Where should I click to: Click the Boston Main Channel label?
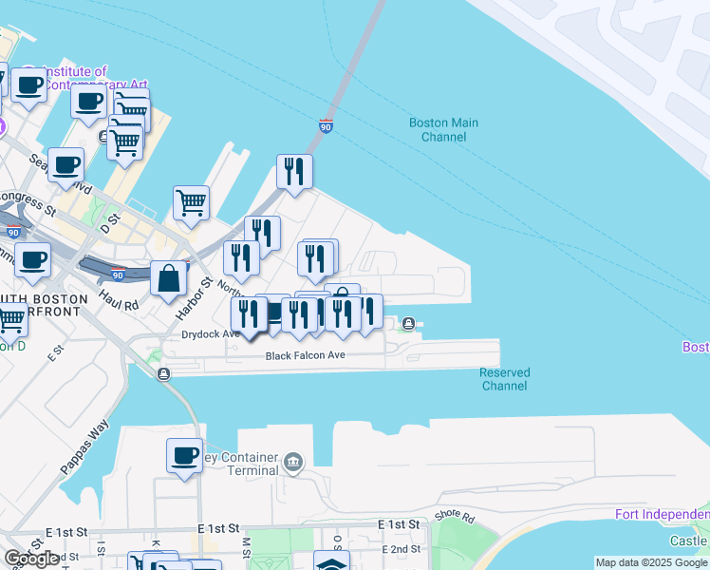(x=443, y=130)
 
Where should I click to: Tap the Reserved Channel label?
(x=504, y=379)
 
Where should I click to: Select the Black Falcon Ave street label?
(x=305, y=355)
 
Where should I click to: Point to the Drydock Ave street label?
(x=211, y=334)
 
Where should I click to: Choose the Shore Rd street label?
(x=454, y=516)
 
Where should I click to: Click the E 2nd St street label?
(x=401, y=549)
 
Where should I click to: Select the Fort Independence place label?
(x=661, y=515)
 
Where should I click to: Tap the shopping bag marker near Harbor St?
(x=168, y=279)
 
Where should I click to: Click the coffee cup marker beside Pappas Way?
(x=184, y=455)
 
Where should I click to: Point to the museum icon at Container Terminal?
(x=293, y=463)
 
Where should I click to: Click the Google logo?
(x=32, y=559)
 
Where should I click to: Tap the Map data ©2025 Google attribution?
(x=651, y=562)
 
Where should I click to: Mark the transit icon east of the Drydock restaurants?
(x=408, y=323)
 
